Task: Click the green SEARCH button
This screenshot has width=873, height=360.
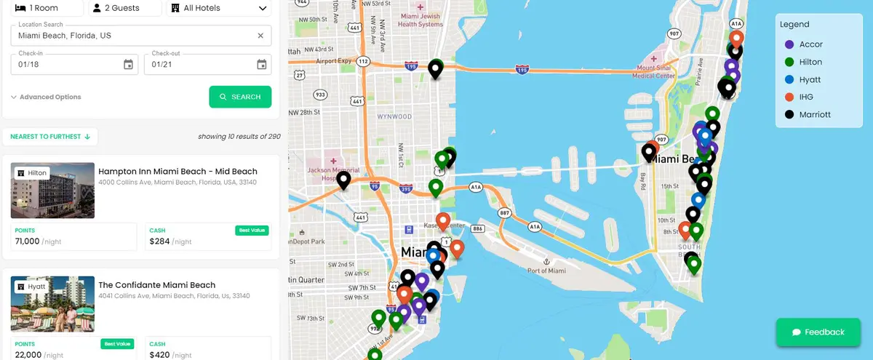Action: [x=240, y=97]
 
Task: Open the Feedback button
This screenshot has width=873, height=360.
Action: [x=818, y=332]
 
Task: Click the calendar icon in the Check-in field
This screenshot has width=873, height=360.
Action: [x=128, y=65]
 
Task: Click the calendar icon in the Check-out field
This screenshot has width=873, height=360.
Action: [x=262, y=65]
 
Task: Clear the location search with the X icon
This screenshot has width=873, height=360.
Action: [x=260, y=36]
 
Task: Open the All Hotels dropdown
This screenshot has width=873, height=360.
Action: [x=218, y=8]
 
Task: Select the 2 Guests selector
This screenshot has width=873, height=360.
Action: [x=124, y=8]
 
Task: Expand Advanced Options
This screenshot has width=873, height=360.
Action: [x=46, y=97]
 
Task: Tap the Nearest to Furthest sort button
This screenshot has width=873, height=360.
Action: [x=50, y=136]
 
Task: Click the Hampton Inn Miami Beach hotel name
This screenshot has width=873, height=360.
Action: [x=178, y=172]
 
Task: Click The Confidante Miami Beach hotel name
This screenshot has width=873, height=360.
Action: [x=156, y=285]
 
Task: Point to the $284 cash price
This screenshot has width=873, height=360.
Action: [x=160, y=241]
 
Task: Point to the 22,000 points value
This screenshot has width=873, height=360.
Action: [x=28, y=354]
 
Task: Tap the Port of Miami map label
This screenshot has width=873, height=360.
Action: [x=546, y=271]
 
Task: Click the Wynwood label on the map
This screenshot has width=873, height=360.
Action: [x=394, y=116]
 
